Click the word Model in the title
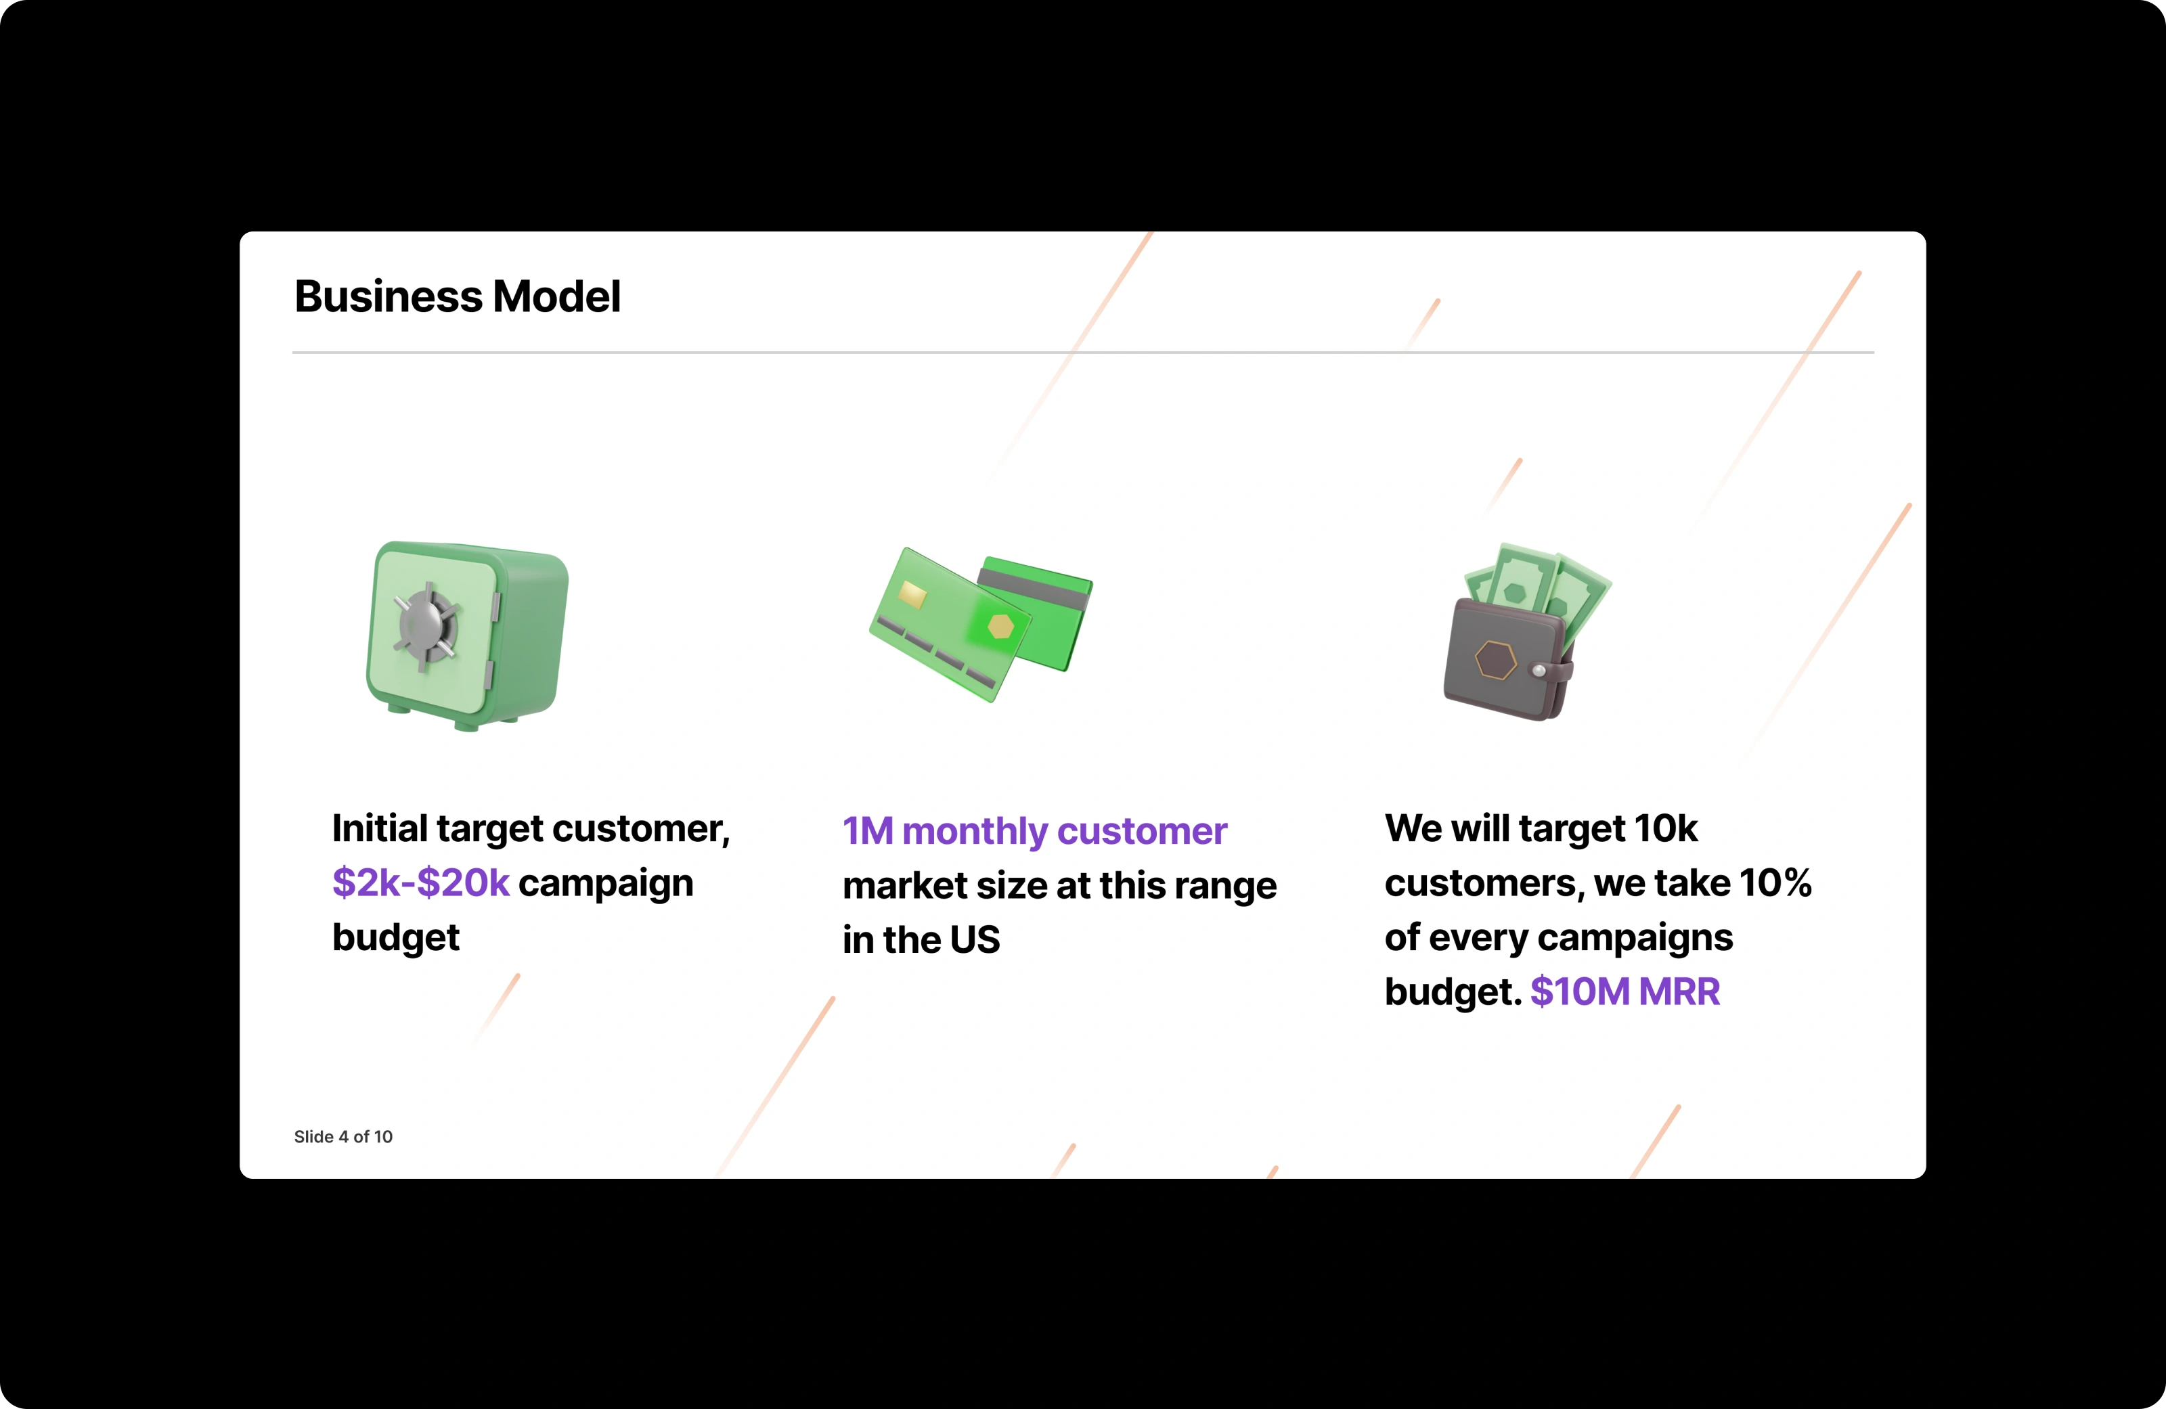pos(556,296)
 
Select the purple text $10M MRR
pos(1624,992)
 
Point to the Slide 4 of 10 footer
pos(343,1137)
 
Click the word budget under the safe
pos(396,937)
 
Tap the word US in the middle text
pos(975,940)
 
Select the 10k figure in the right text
pos(1666,828)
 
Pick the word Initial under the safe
pos(380,828)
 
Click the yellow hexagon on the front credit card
pos(1000,626)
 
